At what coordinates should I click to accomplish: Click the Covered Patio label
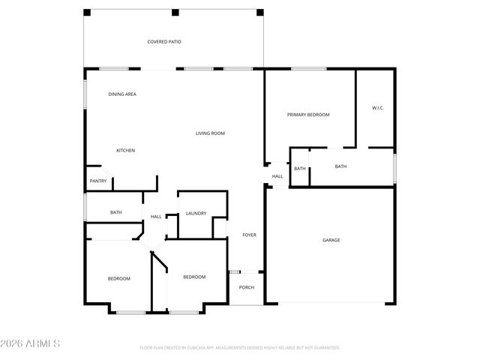pyautogui.click(x=164, y=42)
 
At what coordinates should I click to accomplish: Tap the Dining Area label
pyautogui.click(x=122, y=94)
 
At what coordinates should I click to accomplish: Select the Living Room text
pyautogui.click(x=211, y=133)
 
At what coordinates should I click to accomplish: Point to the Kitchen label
pyautogui.click(x=125, y=151)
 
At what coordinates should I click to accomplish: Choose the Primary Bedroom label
pyautogui.click(x=308, y=115)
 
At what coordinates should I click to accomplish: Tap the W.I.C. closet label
pyautogui.click(x=378, y=109)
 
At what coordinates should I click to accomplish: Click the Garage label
pyautogui.click(x=331, y=240)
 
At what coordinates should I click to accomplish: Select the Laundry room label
pyautogui.click(x=196, y=213)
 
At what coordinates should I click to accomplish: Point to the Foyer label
pyautogui.click(x=249, y=235)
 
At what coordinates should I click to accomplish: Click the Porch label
pyautogui.click(x=246, y=287)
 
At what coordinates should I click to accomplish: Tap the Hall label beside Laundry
pyautogui.click(x=156, y=217)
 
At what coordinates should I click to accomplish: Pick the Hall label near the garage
pyautogui.click(x=277, y=176)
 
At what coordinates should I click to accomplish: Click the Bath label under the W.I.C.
pyautogui.click(x=340, y=166)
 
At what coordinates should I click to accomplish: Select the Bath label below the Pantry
pyautogui.click(x=116, y=212)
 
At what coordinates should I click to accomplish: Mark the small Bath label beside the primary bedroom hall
pyautogui.click(x=300, y=169)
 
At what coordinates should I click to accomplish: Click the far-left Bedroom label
pyautogui.click(x=118, y=278)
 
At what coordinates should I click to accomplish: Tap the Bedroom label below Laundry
pyautogui.click(x=194, y=277)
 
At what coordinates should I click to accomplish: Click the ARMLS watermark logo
pyautogui.click(x=31, y=343)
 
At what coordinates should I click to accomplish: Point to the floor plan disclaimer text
pyautogui.click(x=239, y=348)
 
